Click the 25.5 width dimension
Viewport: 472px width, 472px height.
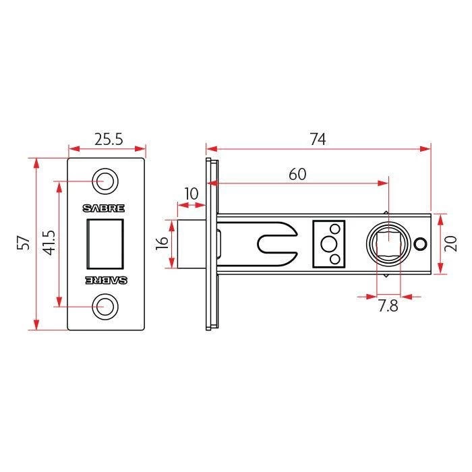(x=109, y=140)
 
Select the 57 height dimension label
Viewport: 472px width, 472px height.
(x=24, y=243)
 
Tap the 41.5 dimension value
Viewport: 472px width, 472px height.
(x=49, y=243)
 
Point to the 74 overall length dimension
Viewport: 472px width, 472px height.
(x=318, y=140)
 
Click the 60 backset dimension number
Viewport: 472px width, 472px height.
(x=297, y=174)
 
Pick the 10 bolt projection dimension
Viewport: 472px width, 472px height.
(x=191, y=194)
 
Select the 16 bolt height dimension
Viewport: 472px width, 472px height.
(x=162, y=243)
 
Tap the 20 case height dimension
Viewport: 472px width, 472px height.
(x=451, y=244)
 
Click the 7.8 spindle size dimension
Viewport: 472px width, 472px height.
(x=388, y=306)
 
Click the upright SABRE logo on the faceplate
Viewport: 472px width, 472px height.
(x=104, y=208)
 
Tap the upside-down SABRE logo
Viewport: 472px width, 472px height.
(x=106, y=281)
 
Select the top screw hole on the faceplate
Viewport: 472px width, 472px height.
(x=105, y=181)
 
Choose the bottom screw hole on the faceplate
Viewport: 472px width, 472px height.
(x=105, y=307)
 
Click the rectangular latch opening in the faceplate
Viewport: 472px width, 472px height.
(x=105, y=244)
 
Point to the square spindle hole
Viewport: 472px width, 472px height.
(x=388, y=244)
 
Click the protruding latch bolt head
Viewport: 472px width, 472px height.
(x=191, y=244)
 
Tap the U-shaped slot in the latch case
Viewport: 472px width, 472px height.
(x=277, y=244)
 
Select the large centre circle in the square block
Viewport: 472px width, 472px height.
(x=328, y=244)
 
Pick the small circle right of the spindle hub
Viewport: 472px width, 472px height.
(x=420, y=244)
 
